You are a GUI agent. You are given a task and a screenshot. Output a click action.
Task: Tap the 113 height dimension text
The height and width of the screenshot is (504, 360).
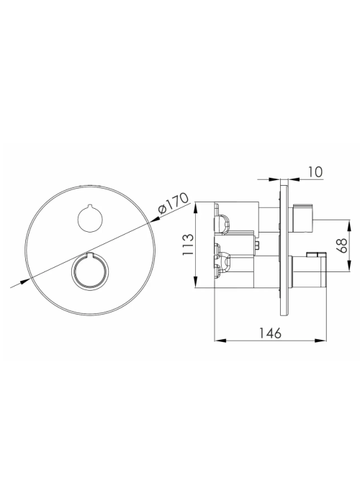click(189, 245)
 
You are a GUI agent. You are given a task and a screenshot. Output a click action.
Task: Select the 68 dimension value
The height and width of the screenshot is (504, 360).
click(343, 246)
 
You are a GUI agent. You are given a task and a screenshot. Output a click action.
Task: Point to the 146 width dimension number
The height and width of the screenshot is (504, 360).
click(270, 333)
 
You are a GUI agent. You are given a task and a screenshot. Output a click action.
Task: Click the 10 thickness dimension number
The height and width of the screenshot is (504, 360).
click(315, 172)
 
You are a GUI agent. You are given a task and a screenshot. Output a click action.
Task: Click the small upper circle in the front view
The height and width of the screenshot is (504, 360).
click(90, 217)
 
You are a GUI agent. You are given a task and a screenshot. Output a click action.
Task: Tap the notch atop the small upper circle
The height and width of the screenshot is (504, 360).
click(90, 206)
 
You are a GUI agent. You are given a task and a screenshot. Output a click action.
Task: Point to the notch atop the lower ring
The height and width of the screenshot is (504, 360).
click(90, 255)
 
